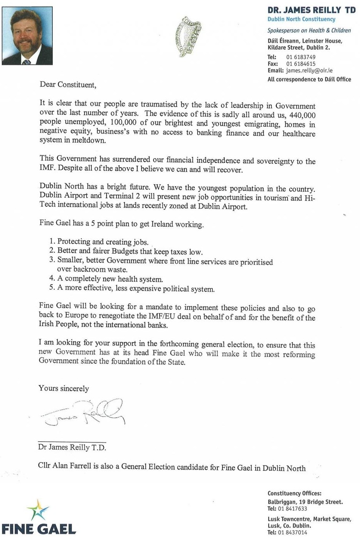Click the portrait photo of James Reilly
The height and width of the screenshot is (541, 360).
[27, 36]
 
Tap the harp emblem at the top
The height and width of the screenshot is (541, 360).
[188, 37]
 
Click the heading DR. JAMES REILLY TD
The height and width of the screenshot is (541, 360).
[311, 10]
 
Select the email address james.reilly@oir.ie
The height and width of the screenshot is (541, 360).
[309, 71]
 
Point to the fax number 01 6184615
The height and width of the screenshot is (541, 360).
[301, 64]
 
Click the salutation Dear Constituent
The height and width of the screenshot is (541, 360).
[68, 85]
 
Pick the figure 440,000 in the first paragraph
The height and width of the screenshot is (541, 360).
[302, 115]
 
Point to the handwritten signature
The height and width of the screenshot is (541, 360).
[83, 413]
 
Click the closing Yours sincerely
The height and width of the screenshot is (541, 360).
[64, 388]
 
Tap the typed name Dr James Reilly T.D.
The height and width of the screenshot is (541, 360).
[72, 447]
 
